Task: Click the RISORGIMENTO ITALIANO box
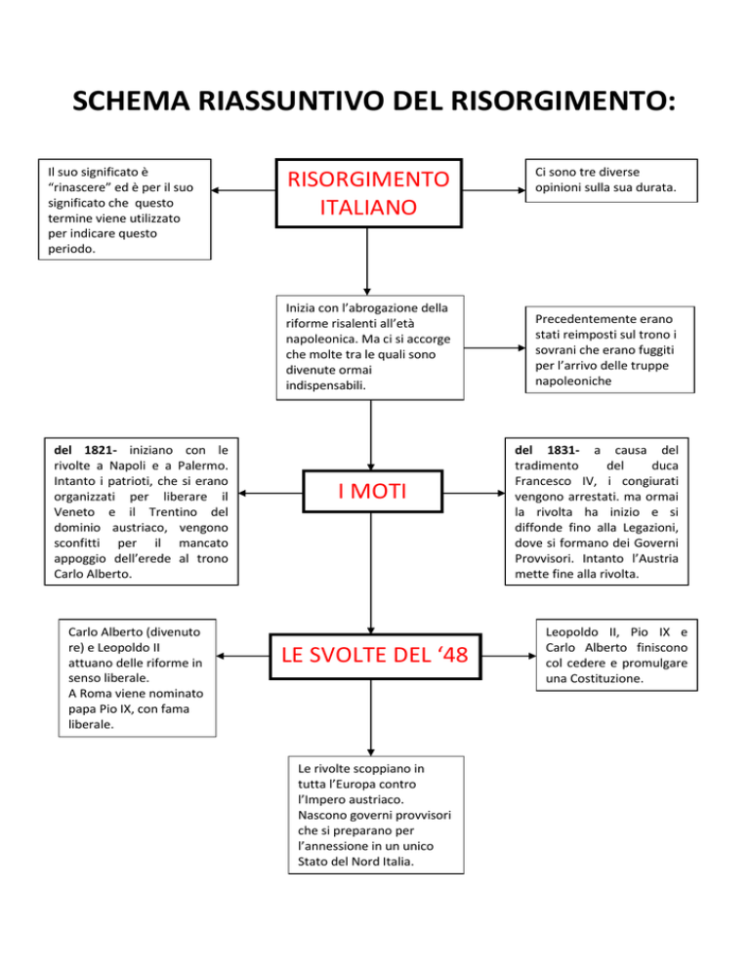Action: (366, 193)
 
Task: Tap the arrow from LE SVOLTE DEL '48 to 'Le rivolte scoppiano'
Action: (371, 722)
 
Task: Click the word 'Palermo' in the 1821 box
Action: (200, 466)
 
